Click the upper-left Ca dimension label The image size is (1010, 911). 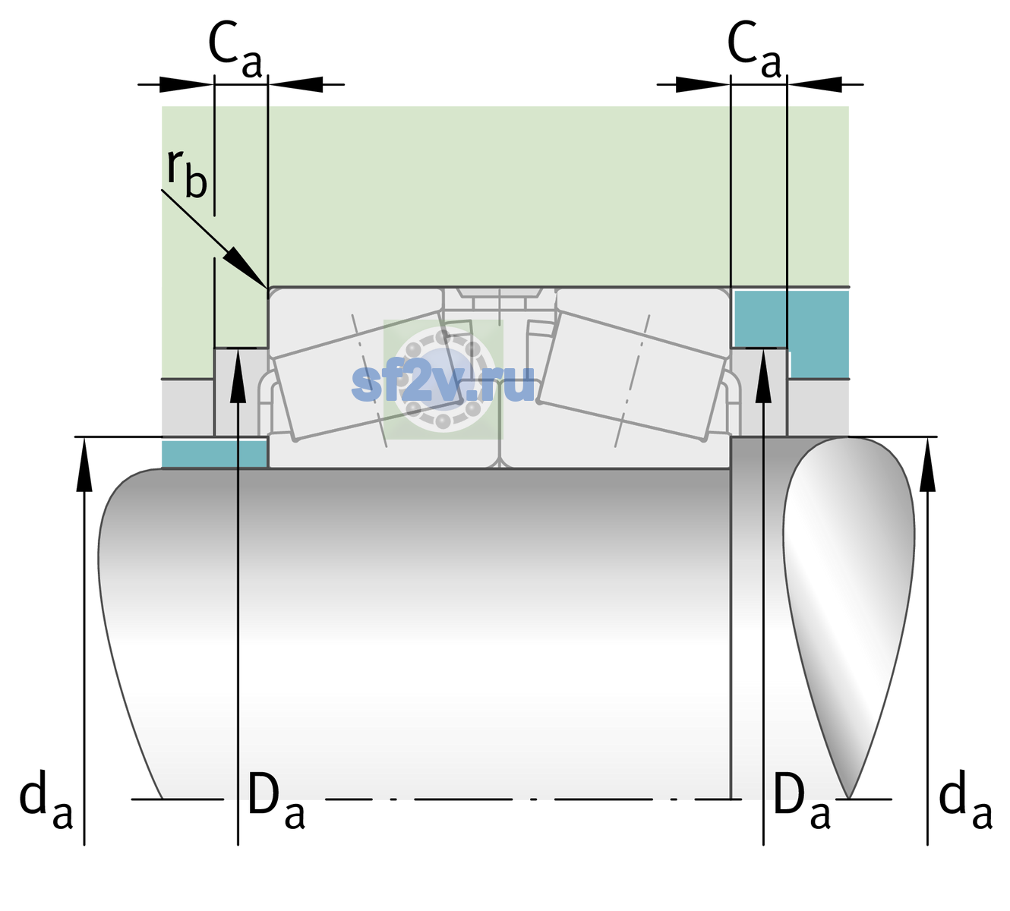tap(235, 50)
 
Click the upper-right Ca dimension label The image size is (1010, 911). tap(754, 50)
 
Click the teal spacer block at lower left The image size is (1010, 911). tap(214, 454)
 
